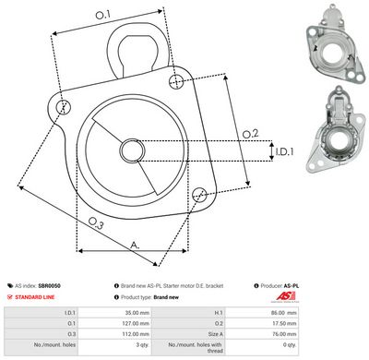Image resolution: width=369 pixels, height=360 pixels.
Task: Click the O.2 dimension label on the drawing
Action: [249, 134]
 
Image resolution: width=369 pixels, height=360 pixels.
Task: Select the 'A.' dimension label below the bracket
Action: [136, 246]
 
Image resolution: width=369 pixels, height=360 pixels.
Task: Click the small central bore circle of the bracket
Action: [130, 151]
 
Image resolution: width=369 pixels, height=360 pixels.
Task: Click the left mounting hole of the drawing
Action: [63, 108]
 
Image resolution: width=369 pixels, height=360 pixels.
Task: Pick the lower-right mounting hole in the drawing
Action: [199, 194]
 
